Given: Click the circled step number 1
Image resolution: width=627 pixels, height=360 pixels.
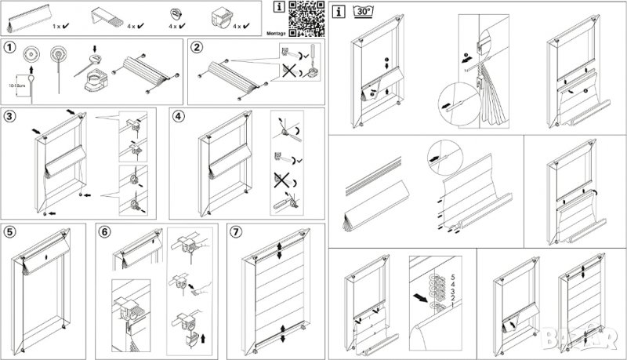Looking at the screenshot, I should click(x=10, y=46).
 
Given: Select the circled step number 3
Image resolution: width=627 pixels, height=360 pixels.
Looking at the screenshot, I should click(x=10, y=116).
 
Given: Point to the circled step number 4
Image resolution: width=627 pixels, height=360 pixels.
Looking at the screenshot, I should click(x=179, y=116).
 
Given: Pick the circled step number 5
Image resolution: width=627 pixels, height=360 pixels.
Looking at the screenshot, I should click(x=10, y=231).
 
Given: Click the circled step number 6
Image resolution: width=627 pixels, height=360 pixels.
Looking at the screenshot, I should click(x=104, y=231).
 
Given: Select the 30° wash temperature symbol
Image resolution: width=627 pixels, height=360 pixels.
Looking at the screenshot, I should click(x=363, y=12).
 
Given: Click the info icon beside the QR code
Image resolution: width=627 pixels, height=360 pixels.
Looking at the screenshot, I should click(x=280, y=8).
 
